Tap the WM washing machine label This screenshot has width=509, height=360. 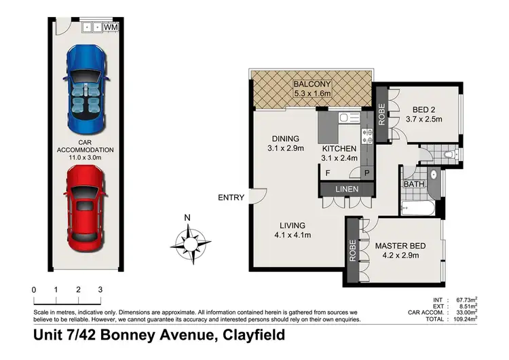[111, 27]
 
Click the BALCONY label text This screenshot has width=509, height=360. [312, 84]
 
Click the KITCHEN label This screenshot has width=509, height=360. [339, 148]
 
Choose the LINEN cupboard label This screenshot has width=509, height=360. [347, 188]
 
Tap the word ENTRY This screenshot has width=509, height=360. [231, 198]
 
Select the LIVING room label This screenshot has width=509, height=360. [290, 226]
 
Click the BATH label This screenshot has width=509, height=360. [413, 184]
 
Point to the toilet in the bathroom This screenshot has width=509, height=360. [453, 156]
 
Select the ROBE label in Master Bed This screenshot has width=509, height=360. [353, 251]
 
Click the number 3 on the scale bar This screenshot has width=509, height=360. [100, 290]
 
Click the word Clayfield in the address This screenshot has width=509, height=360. [252, 336]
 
